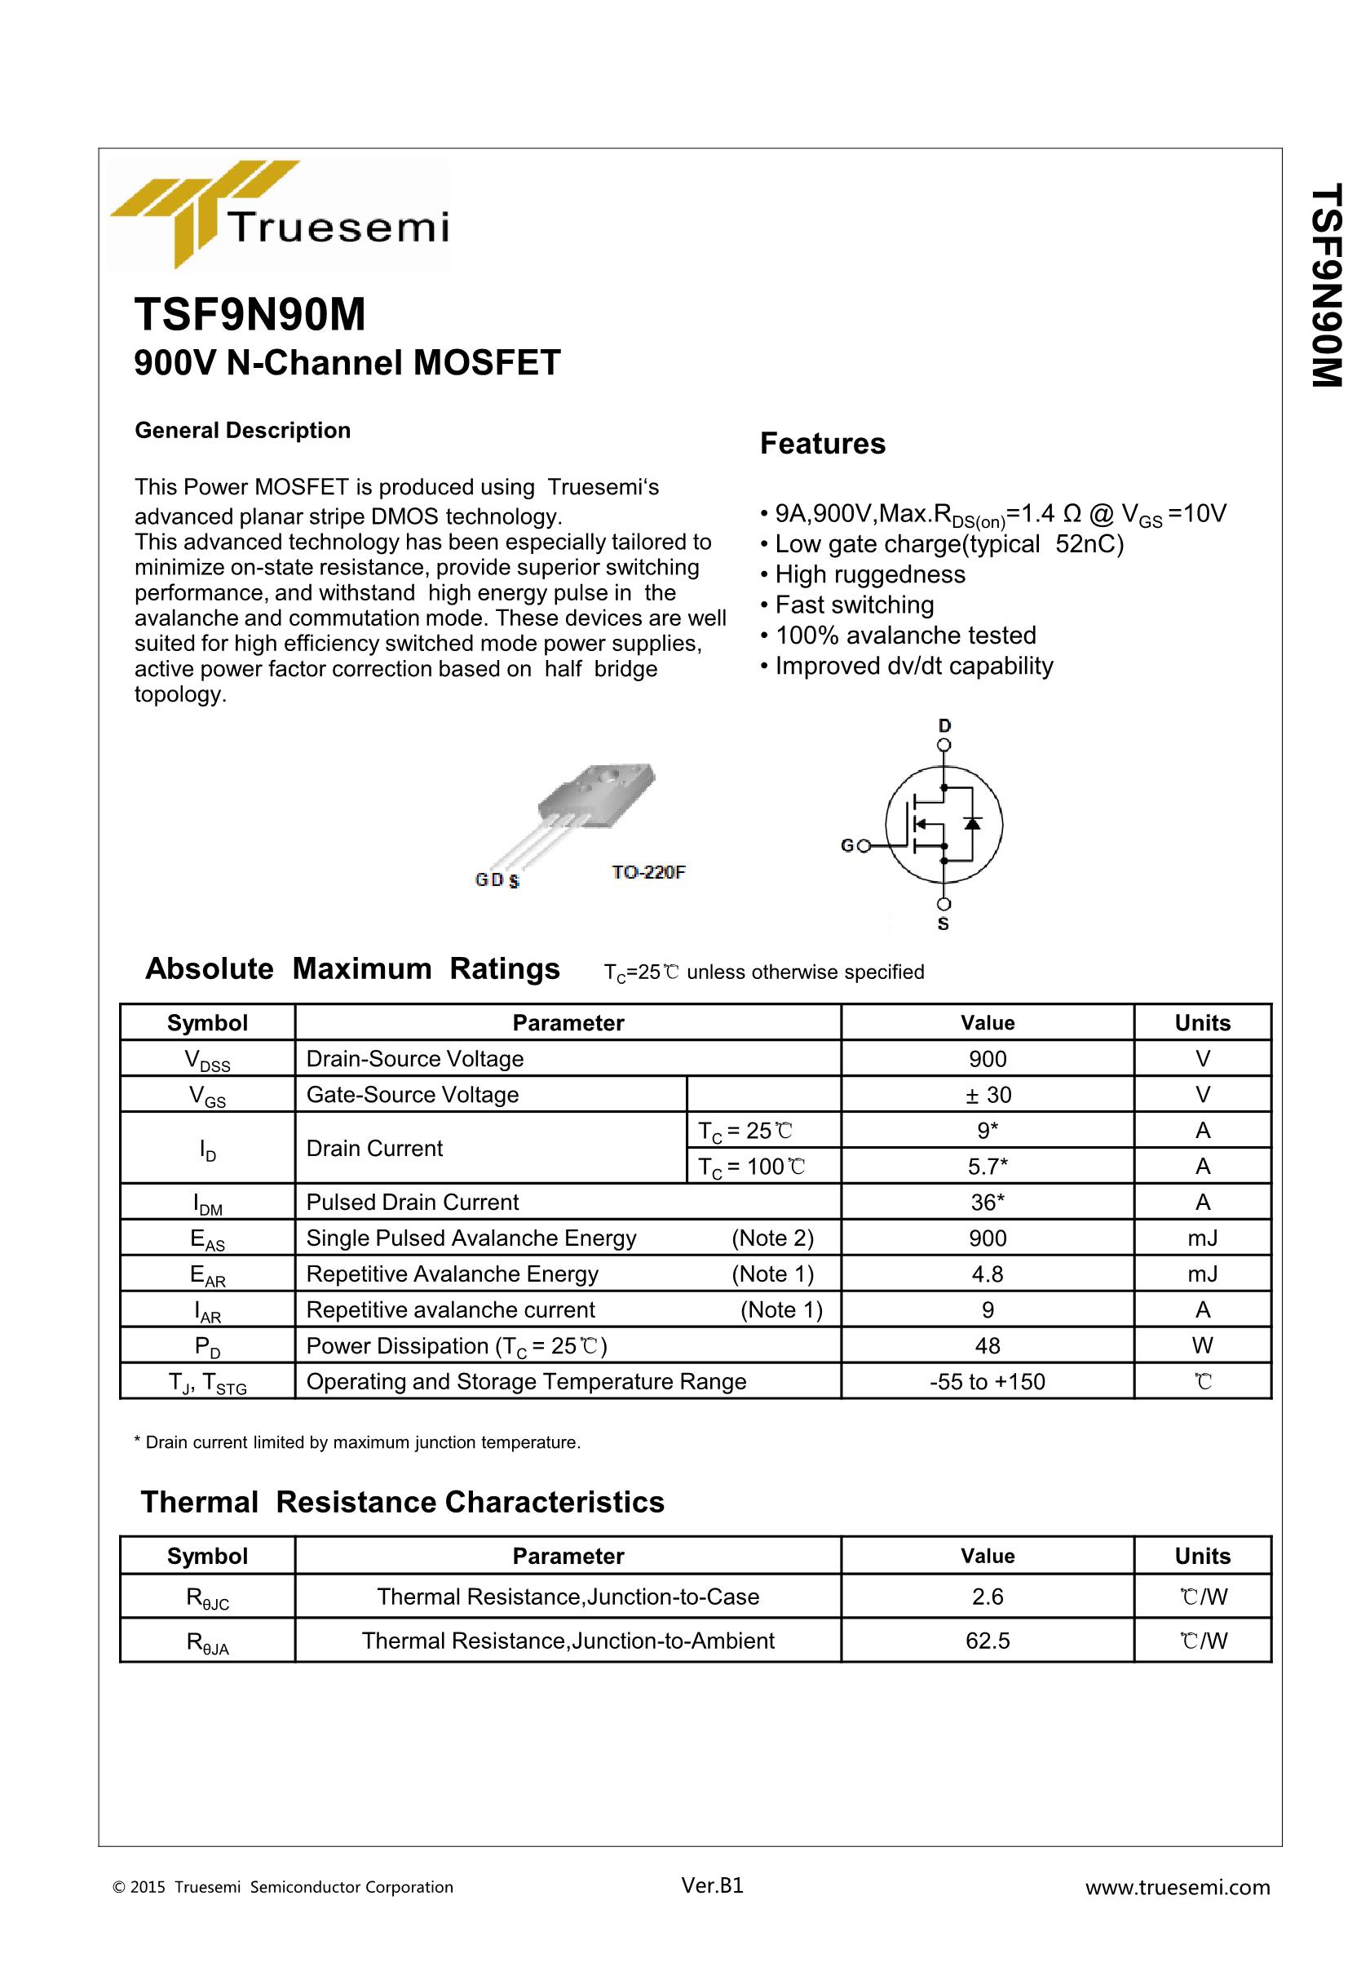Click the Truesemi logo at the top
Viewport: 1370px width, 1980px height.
[279, 215]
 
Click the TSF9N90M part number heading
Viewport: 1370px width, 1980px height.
[250, 314]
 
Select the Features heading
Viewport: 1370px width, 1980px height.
[822, 444]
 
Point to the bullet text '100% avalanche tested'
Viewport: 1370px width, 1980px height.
[906, 636]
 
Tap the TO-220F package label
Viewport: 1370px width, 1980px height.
[648, 872]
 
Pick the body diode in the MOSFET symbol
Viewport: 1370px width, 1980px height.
[972, 822]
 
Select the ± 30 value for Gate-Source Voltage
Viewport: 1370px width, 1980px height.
[988, 1095]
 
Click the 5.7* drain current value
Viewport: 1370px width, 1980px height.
[988, 1166]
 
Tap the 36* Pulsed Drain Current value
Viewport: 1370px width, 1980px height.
[988, 1202]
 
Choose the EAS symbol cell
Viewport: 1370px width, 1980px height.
[208, 1239]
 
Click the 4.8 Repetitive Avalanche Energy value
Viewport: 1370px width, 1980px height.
[988, 1274]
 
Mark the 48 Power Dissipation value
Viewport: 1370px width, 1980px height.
[988, 1345]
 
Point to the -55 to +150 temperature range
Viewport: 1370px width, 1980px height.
[988, 1381]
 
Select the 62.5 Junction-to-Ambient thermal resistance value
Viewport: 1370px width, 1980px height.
[988, 1641]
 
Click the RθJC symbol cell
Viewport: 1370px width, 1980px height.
[208, 1598]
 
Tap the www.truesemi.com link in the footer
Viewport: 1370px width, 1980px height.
[1177, 1887]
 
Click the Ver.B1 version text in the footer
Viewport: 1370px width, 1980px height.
[712, 1885]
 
